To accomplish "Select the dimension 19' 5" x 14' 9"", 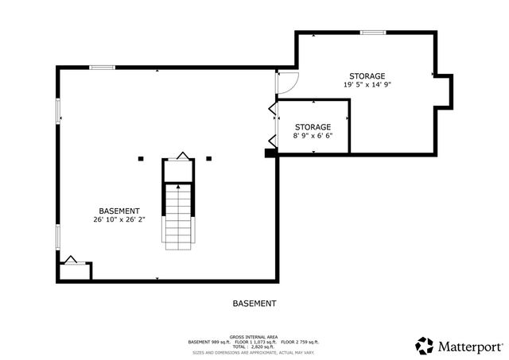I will click(367, 84).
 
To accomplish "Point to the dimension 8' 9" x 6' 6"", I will click(313, 136).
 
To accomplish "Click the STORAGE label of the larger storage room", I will click(367, 75).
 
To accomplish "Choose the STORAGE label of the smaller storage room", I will click(313, 127).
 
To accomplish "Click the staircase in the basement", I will click(178, 215).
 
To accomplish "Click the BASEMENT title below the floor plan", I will click(254, 304).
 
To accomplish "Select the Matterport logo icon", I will click(425, 345).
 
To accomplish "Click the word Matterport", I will click(470, 346).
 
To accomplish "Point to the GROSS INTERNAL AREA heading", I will click(252, 336).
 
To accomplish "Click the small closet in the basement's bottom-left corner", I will click(74, 269).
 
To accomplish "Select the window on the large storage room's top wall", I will click(371, 33).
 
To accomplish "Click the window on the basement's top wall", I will click(102, 68).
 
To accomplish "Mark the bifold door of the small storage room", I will click(272, 123).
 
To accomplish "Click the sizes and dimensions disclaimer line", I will click(252, 351).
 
